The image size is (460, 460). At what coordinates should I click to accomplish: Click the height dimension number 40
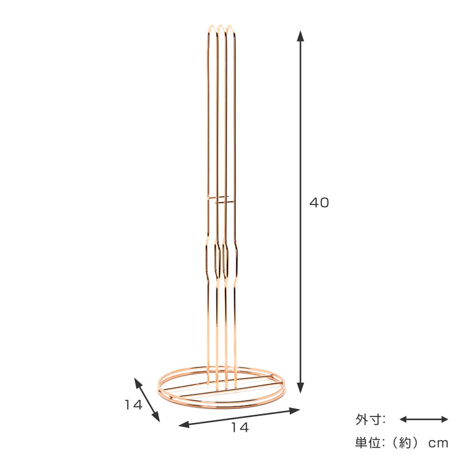319,203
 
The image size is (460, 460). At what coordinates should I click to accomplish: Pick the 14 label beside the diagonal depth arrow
133,404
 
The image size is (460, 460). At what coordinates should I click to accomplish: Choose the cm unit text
439,442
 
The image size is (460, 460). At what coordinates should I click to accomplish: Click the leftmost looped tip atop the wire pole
211,29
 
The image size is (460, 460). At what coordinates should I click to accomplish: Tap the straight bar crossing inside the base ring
220,386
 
